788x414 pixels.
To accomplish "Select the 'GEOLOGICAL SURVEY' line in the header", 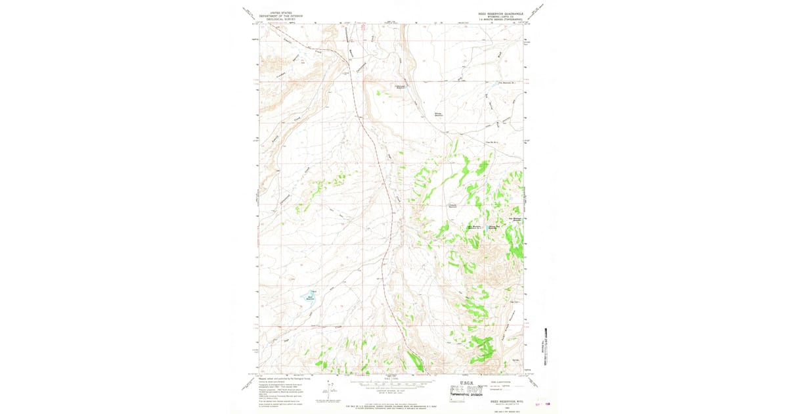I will click(276, 19).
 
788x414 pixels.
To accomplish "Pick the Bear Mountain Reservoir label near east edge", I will click(517, 219).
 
